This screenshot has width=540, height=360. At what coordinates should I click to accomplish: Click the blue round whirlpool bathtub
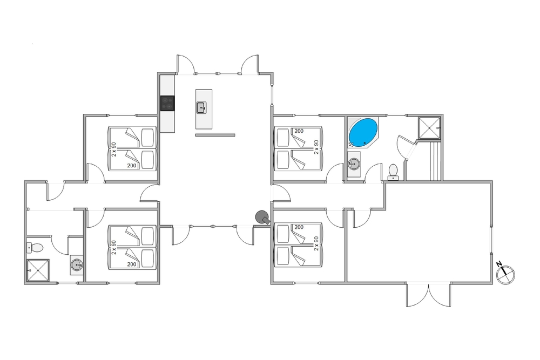click(363, 133)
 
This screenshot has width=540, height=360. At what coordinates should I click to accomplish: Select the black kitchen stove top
click(167, 103)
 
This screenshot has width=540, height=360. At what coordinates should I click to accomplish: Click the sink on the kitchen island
click(201, 107)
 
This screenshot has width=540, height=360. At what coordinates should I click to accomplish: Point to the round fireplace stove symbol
click(262, 217)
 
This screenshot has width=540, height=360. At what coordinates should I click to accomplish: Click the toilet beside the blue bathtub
click(394, 171)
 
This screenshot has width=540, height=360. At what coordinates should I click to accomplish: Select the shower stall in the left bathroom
click(38, 270)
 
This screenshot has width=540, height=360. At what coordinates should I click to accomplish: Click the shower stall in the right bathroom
click(430, 127)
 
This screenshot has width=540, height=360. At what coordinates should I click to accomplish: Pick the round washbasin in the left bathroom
click(77, 265)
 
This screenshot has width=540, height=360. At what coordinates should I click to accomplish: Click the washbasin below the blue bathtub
click(354, 163)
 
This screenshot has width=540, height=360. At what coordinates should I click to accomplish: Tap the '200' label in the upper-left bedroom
click(131, 166)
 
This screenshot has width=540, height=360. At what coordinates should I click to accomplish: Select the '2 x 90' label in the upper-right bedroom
click(317, 147)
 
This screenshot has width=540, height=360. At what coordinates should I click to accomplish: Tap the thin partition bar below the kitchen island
click(215, 135)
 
